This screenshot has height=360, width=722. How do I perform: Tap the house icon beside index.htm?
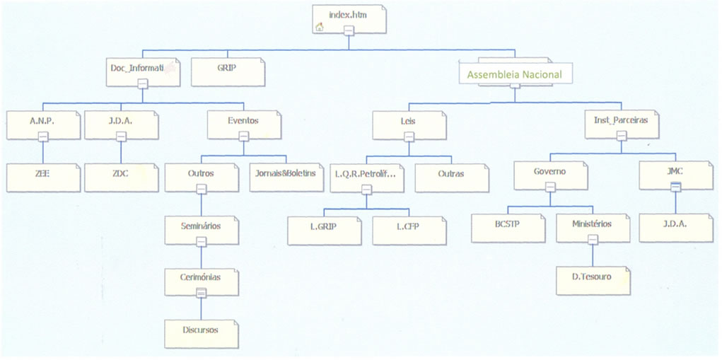[320, 27]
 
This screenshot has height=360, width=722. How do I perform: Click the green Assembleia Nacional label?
[515, 74]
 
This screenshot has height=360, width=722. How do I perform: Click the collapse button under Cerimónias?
[201, 291]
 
